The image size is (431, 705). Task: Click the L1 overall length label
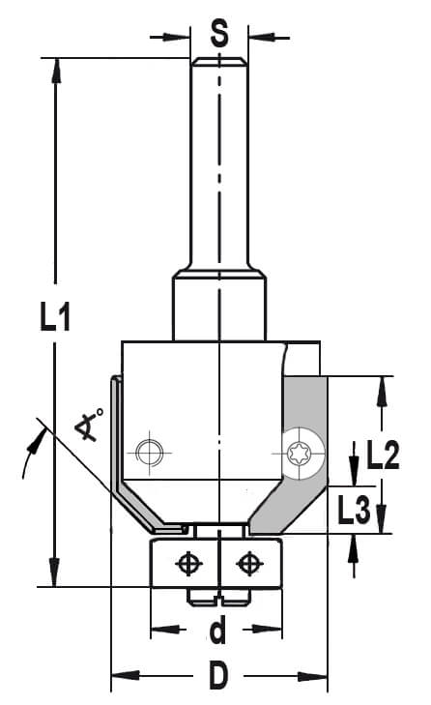pos(55,317)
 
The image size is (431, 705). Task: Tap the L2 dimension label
pos(383,455)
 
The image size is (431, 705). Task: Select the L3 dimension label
pos(355,510)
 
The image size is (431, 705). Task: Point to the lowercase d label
pos(218,631)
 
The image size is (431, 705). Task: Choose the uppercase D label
pos(218,675)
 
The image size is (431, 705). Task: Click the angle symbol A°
pos(90,424)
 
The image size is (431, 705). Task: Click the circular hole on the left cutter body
pos(150,453)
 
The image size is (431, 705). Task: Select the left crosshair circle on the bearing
pos(188,564)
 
